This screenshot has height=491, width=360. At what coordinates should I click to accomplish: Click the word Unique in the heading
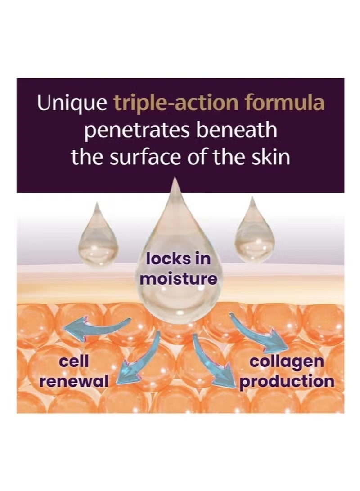(x=72, y=104)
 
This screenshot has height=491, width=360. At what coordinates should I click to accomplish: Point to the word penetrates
(x=137, y=131)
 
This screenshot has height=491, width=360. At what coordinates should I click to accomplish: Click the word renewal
(x=74, y=381)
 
